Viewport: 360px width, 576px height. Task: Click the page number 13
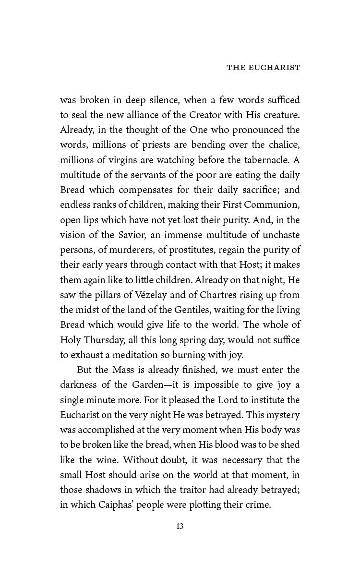pos(180,527)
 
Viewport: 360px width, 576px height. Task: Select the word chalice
pos(282,145)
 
